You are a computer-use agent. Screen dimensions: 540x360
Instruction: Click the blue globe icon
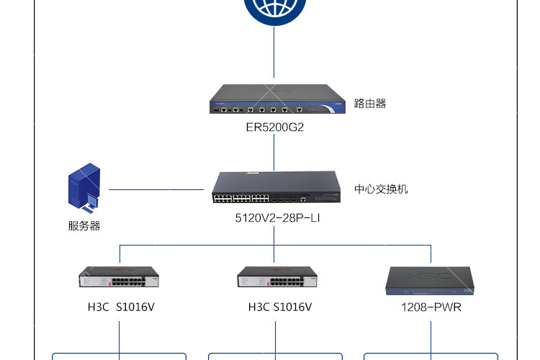[274, 10]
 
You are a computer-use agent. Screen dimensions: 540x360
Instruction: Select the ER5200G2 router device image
[277, 99]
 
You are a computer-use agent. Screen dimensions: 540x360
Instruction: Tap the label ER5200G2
[275, 127]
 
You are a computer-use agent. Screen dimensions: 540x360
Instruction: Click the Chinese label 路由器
[370, 104]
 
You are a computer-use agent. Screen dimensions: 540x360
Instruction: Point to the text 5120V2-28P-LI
[277, 218]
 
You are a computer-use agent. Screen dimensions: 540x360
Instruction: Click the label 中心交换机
[381, 189]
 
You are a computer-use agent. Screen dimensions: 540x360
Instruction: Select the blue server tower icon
[84, 187]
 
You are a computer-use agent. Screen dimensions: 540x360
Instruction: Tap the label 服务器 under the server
[84, 226]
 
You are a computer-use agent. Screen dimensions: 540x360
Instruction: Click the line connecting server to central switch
[156, 189]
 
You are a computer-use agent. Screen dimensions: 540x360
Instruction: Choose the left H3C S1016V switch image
[119, 276]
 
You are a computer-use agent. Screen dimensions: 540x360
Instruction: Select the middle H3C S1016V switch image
[277, 276]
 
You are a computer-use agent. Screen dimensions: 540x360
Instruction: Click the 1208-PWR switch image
[430, 281]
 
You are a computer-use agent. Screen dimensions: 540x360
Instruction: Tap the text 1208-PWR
[431, 307]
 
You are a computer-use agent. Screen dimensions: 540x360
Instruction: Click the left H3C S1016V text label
[121, 307]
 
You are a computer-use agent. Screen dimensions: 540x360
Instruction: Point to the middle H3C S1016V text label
[280, 307]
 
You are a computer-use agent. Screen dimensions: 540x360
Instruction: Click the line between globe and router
[274, 52]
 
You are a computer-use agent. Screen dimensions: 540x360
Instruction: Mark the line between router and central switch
[274, 152]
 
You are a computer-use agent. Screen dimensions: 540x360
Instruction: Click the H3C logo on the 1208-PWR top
[429, 276]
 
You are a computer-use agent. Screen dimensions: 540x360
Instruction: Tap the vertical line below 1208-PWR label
[431, 341]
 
